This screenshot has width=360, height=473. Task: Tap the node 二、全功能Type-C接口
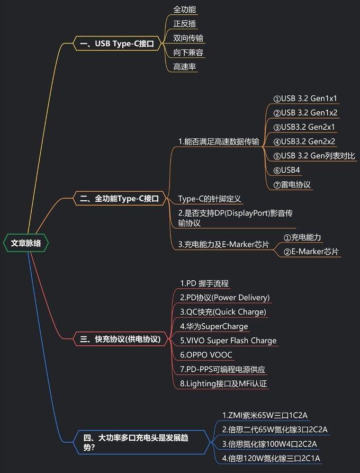pos(119,199)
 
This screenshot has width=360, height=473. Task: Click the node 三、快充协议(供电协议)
pos(120,339)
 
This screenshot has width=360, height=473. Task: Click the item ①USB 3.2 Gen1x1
pos(305,99)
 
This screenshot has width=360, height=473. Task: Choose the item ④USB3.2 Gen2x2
pos(305,141)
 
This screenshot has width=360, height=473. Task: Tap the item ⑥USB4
pos(287,170)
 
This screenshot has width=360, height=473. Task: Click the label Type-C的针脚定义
pos(210,199)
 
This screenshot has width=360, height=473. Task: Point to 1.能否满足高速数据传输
pos(219,141)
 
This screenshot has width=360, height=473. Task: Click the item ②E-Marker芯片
pos(311,252)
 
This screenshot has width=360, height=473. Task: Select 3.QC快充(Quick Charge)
pos(223,312)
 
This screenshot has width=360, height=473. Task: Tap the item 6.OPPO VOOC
pos(206,355)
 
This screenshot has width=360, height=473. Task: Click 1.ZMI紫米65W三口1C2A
pos(265,415)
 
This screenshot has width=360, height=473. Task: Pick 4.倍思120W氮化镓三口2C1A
pos(272,458)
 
